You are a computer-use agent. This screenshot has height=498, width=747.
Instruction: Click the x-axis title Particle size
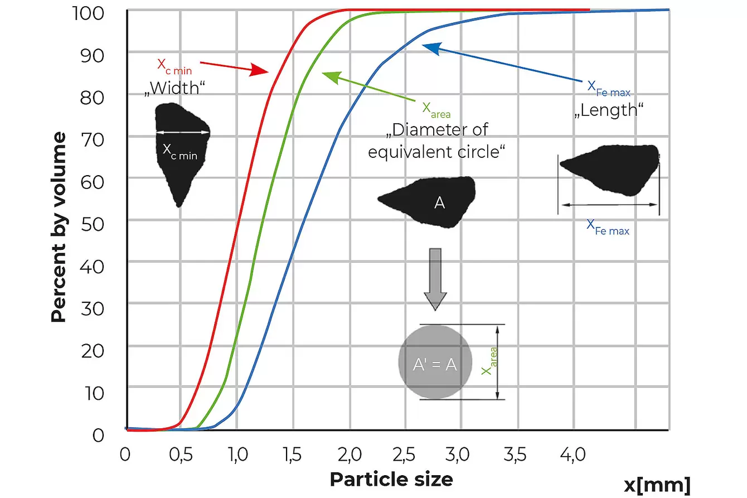(391, 478)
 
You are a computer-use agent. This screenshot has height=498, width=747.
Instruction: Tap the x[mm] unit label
(657, 483)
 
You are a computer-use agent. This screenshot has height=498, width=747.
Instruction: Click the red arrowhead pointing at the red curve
(260, 70)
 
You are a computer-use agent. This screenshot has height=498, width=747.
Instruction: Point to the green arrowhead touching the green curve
(329, 76)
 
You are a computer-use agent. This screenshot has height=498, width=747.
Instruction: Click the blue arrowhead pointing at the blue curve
(429, 47)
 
